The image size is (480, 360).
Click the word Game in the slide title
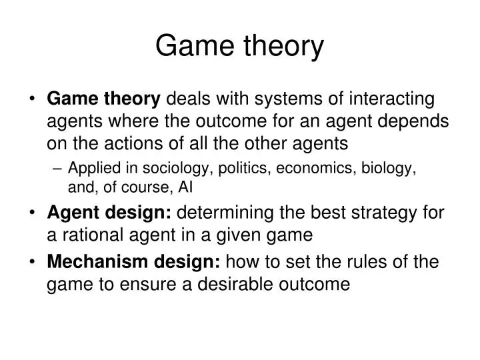point(195,45)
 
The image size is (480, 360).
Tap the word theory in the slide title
point(284,47)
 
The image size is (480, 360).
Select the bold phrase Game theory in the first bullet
point(103,99)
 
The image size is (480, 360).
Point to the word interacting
point(391,99)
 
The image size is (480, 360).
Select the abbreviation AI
point(185,187)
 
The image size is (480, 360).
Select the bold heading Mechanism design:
point(133,263)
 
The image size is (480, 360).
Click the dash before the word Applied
point(57,169)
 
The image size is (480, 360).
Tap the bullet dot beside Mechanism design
point(32,263)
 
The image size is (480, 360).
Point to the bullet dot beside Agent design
point(32,212)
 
